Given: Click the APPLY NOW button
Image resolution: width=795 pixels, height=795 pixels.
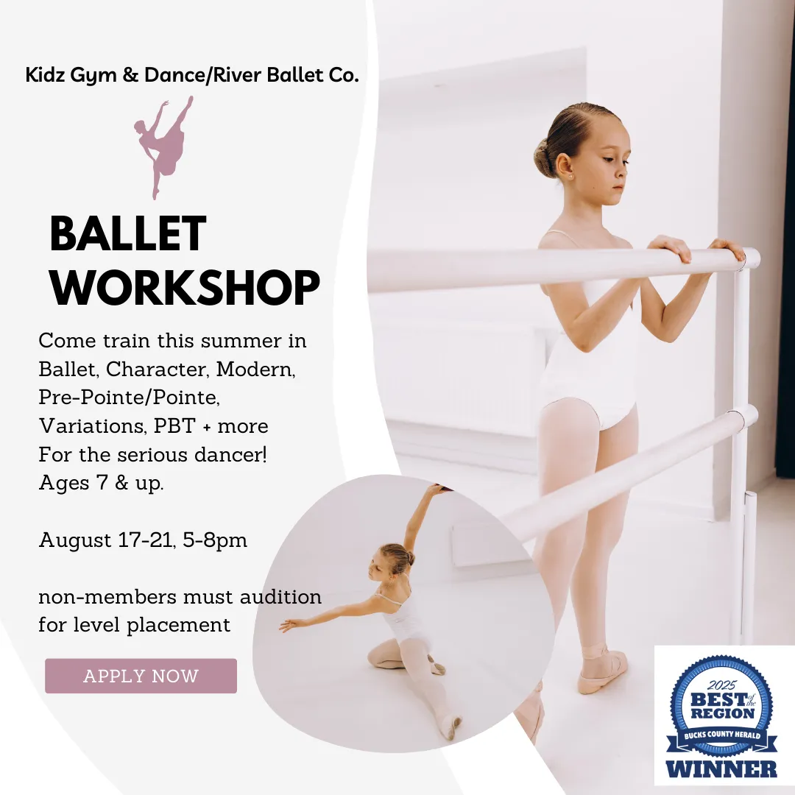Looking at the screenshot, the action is tap(141, 676).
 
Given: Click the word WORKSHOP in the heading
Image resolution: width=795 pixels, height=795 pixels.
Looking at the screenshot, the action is tap(185, 288).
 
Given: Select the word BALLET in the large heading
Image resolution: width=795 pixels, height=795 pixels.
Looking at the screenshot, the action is tap(128, 234).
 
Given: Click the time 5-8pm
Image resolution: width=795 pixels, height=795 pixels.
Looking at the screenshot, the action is tap(215, 540).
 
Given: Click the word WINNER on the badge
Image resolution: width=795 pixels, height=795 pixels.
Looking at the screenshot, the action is tap(721, 768).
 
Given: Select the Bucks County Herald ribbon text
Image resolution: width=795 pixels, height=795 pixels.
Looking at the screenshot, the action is tap(722, 735).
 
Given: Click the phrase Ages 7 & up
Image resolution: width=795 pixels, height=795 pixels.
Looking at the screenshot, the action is tap(102, 483).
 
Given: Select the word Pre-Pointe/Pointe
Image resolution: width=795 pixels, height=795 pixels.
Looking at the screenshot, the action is tap(130, 397).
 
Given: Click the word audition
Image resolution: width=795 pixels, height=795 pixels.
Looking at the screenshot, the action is tap(280, 597).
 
